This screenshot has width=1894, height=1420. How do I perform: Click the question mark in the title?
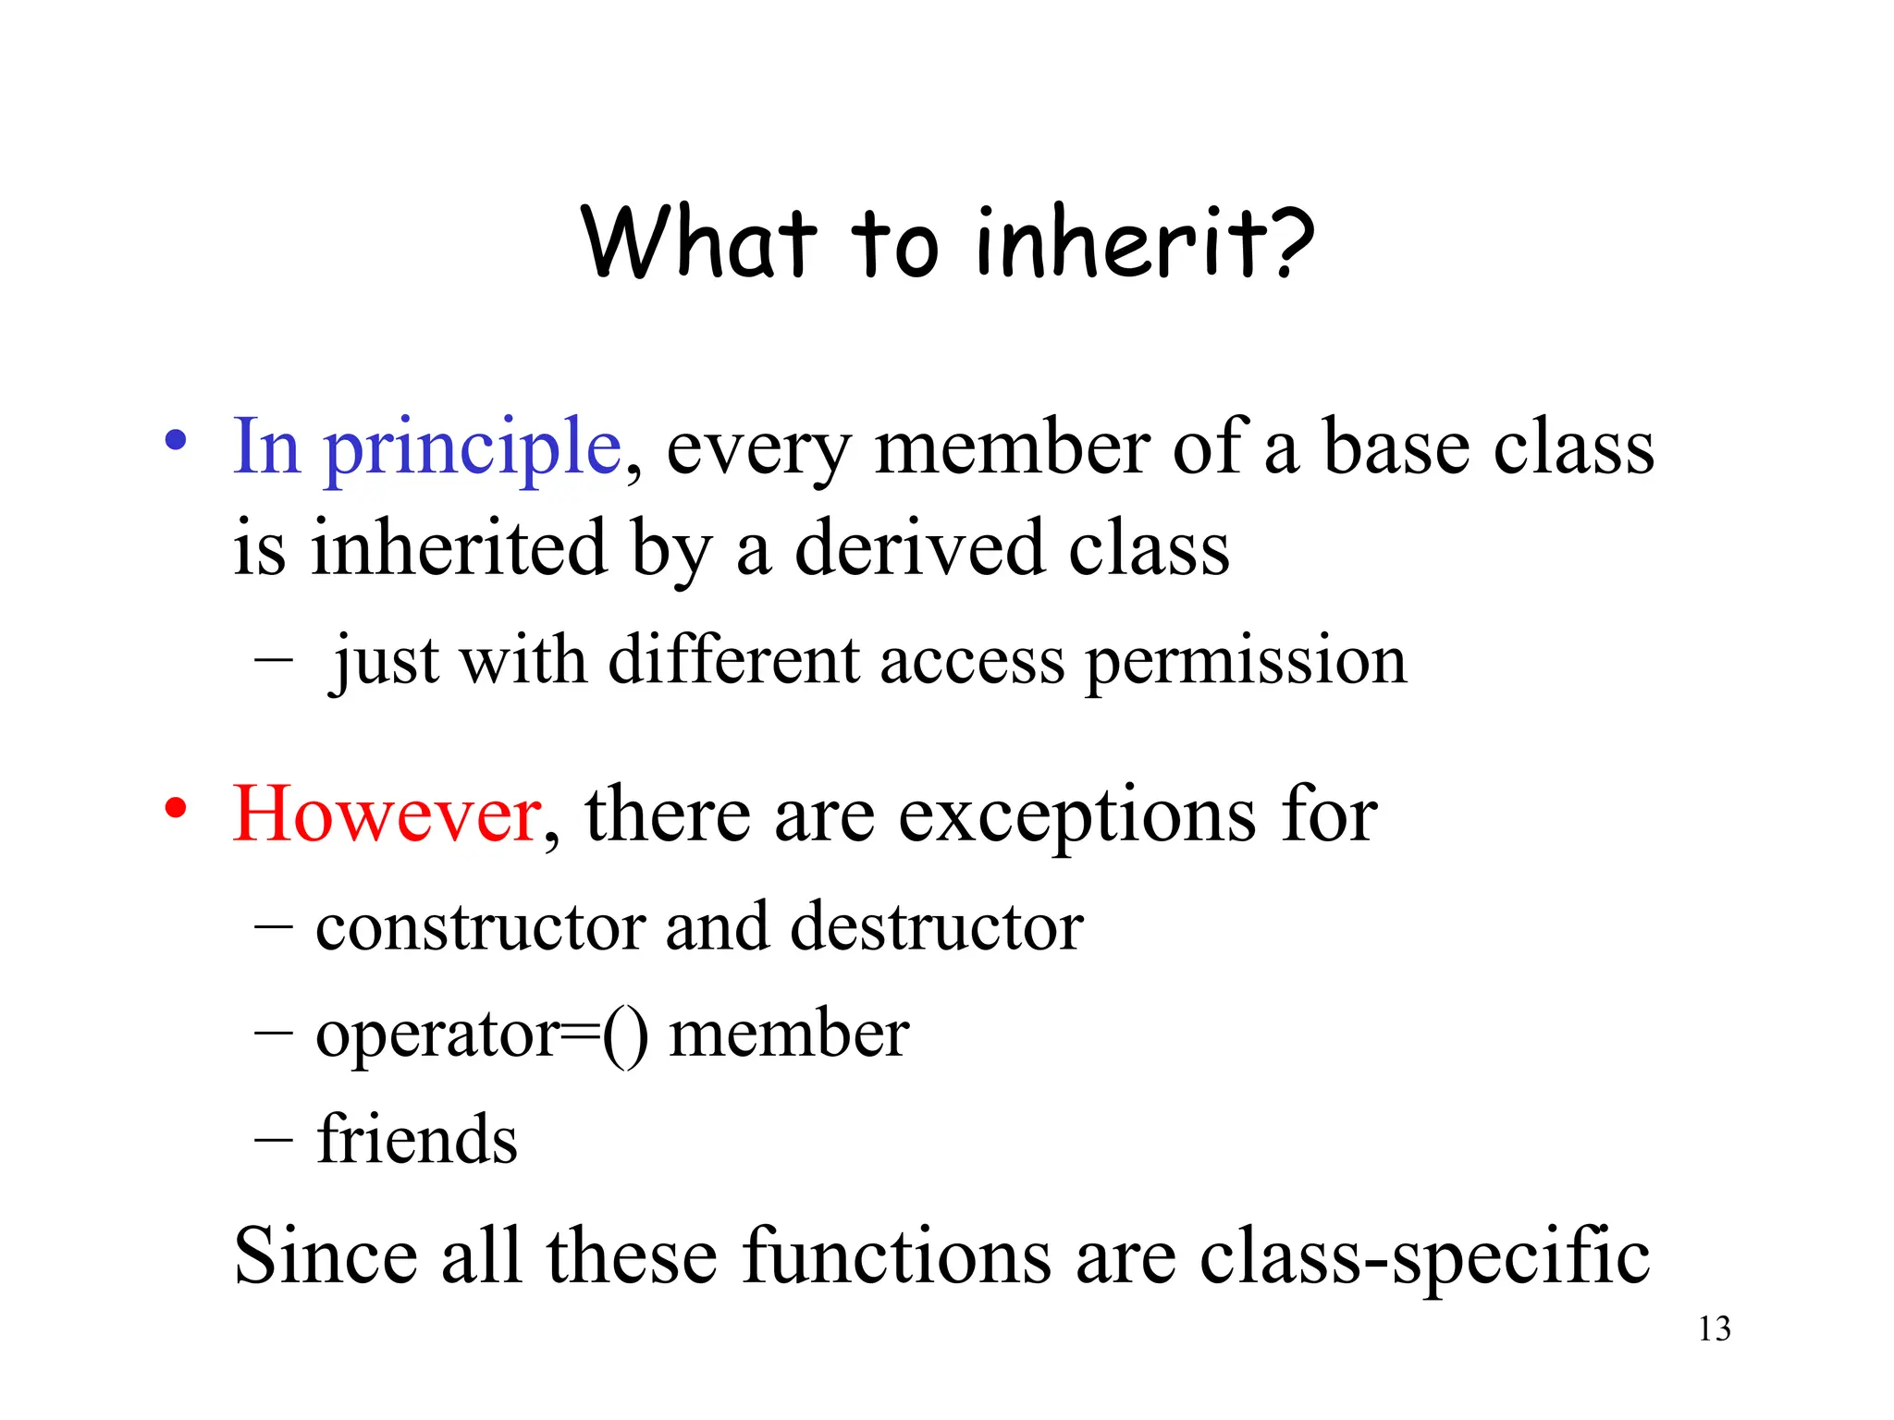pos(1286,242)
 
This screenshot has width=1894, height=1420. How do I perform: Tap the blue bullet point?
pos(176,440)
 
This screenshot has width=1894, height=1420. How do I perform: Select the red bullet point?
pos(176,808)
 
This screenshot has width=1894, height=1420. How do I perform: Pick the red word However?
pos(387,814)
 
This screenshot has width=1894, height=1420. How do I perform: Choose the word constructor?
pos(480,926)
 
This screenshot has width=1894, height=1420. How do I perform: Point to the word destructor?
pos(937,926)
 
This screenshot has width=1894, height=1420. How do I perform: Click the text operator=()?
pos(482,1035)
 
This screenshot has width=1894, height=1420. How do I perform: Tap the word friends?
pos(417,1139)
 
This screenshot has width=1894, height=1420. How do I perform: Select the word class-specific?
pos(1424,1257)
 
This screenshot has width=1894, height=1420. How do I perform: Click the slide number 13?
pos(1714,1329)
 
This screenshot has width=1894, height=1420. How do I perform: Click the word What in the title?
pos(699,242)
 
